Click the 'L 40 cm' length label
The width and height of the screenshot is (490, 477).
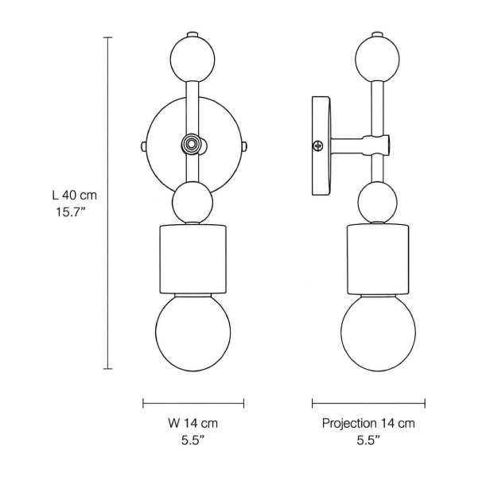click(x=75, y=196)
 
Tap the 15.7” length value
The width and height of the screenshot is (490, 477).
click(x=71, y=212)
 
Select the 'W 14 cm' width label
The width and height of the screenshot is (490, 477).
click(x=192, y=423)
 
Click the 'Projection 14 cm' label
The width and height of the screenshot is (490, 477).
click(x=368, y=423)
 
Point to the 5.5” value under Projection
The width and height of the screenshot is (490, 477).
click(x=368, y=440)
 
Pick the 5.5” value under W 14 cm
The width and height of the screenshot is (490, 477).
click(x=192, y=440)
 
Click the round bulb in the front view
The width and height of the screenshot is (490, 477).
click(x=193, y=333)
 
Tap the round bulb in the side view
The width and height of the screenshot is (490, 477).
click(x=378, y=333)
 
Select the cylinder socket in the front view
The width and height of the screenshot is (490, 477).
click(x=192, y=259)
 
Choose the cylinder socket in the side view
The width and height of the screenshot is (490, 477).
click(x=378, y=259)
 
